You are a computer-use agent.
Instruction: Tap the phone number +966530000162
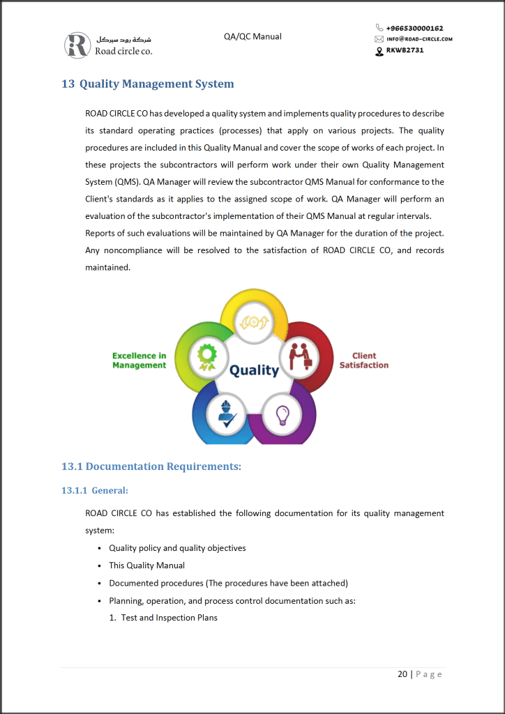pyautogui.click(x=414, y=28)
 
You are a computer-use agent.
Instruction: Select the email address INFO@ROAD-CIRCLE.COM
pyautogui.click(x=419, y=39)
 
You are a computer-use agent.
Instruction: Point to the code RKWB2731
pyautogui.click(x=405, y=50)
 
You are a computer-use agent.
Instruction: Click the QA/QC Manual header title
pyautogui.click(x=252, y=36)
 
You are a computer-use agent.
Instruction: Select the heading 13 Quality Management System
pyautogui.click(x=148, y=84)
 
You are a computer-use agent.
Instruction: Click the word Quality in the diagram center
pyautogui.click(x=254, y=370)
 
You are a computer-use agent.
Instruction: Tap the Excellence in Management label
pyautogui.click(x=140, y=360)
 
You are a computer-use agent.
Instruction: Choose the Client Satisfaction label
pyautogui.click(x=364, y=360)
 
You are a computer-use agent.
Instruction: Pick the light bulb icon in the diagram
pyautogui.click(x=282, y=415)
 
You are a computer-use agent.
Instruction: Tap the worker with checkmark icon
pyautogui.click(x=227, y=413)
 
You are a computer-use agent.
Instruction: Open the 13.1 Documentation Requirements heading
pyautogui.click(x=151, y=466)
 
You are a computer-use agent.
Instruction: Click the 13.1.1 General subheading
pyautogui.click(x=95, y=490)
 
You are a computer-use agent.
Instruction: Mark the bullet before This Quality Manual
pyautogui.click(x=102, y=566)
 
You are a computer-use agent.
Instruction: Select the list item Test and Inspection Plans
pyautogui.click(x=169, y=618)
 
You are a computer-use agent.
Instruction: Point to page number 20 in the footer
pyautogui.click(x=402, y=674)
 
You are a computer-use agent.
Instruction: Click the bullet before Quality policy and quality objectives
pyautogui.click(x=102, y=549)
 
